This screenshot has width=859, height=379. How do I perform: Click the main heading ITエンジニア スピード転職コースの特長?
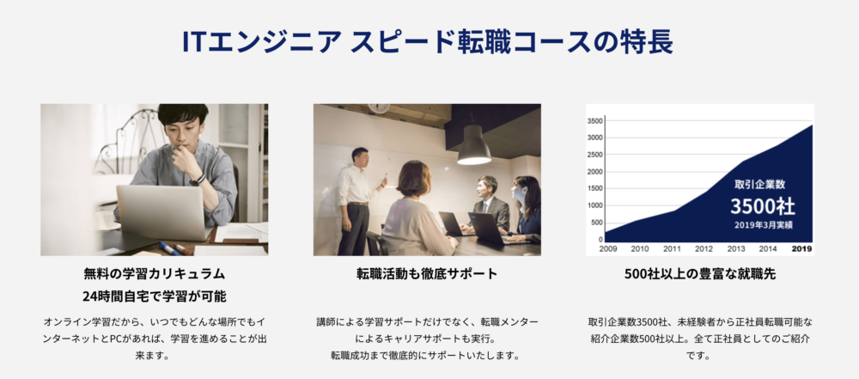tap(427, 42)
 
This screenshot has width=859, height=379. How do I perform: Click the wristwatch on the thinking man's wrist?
tap(198, 180)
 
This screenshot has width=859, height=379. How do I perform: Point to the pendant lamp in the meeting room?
tap(474, 144)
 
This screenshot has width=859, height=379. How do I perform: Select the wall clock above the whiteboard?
tap(379, 107)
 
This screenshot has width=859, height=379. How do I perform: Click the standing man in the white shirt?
tap(356, 201)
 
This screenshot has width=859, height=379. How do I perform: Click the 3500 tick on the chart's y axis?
tap(595, 121)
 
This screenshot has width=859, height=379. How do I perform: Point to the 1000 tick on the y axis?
tap(595, 205)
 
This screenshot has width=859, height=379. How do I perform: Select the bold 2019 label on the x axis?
tap(802, 249)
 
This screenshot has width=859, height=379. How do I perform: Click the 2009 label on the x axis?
tap(608, 249)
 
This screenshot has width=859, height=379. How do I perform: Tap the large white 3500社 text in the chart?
tap(762, 206)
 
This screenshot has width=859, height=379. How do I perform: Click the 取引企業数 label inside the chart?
tap(760, 185)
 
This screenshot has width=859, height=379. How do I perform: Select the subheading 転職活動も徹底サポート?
tap(427, 273)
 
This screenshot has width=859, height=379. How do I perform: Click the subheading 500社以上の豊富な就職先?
tap(700, 273)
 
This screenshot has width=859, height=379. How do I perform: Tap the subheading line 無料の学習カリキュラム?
tap(155, 273)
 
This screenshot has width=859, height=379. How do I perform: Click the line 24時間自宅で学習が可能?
tap(155, 296)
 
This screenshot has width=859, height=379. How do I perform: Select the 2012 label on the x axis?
tap(704, 249)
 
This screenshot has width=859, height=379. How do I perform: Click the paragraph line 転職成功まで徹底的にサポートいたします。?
tap(425, 355)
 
